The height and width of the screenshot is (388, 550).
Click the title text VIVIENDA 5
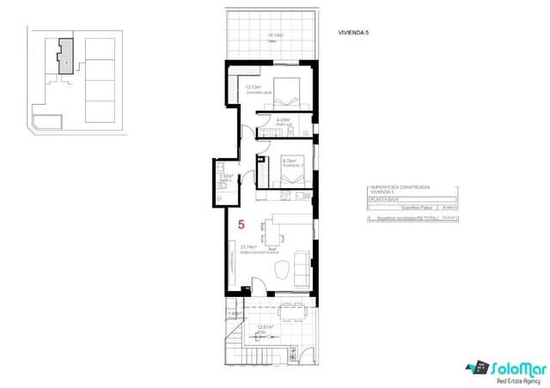tap(354, 34)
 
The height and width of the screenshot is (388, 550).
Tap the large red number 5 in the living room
tap(241, 225)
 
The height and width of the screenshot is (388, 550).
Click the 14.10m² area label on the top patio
tap(275, 36)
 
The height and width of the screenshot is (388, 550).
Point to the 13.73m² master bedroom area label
tap(253, 88)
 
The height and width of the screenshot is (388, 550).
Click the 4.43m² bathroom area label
tap(284, 120)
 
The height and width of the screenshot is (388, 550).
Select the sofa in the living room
tap(302, 269)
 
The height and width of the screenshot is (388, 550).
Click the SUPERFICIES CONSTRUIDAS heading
tap(400, 186)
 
